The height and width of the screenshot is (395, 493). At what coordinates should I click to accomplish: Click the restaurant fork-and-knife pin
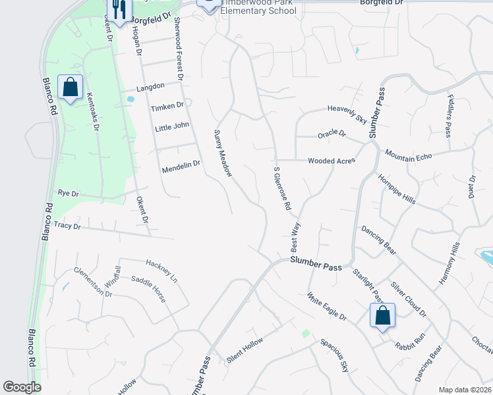pos(117,9)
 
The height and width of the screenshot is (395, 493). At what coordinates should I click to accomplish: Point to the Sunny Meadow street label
pos(223,153)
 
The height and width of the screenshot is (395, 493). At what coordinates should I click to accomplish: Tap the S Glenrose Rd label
pos(282,188)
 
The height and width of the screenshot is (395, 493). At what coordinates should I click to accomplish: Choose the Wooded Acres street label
pos(332,161)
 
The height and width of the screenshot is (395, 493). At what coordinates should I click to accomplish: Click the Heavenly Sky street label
pos(347,115)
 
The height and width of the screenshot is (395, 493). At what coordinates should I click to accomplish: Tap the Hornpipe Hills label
pos(397,190)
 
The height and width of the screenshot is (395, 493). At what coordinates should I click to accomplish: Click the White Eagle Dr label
pos(326,307)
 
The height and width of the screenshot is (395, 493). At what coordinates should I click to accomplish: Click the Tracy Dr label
pos(67,226)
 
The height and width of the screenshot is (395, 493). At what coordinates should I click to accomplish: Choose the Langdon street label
pos(150,87)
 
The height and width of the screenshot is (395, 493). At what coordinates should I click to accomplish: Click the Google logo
pos(22,387)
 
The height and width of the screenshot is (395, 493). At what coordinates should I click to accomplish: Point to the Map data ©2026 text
pos(464,390)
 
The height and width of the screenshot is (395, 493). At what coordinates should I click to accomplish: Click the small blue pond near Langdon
pos(130,99)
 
